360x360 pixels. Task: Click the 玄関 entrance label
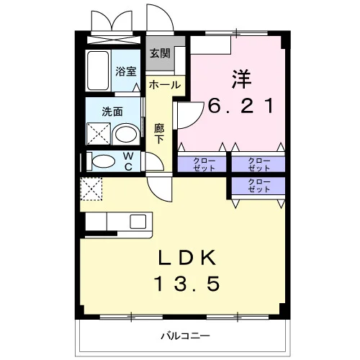point(160,53)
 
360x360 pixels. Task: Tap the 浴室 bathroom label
point(126,71)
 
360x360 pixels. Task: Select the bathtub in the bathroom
point(98,71)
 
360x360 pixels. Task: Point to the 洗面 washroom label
point(112,112)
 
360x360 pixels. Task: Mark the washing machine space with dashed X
point(99,134)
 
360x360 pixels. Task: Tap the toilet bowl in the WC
point(104,161)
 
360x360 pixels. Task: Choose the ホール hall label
point(165,85)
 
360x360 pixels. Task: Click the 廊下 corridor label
point(159,133)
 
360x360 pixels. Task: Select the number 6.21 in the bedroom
point(240,106)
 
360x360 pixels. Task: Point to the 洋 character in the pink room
point(241,78)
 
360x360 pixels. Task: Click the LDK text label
point(187,258)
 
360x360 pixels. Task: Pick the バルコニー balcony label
point(185,336)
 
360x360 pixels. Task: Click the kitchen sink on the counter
point(138,222)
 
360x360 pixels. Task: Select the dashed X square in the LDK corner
point(91,189)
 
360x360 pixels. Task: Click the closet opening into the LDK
point(258,186)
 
